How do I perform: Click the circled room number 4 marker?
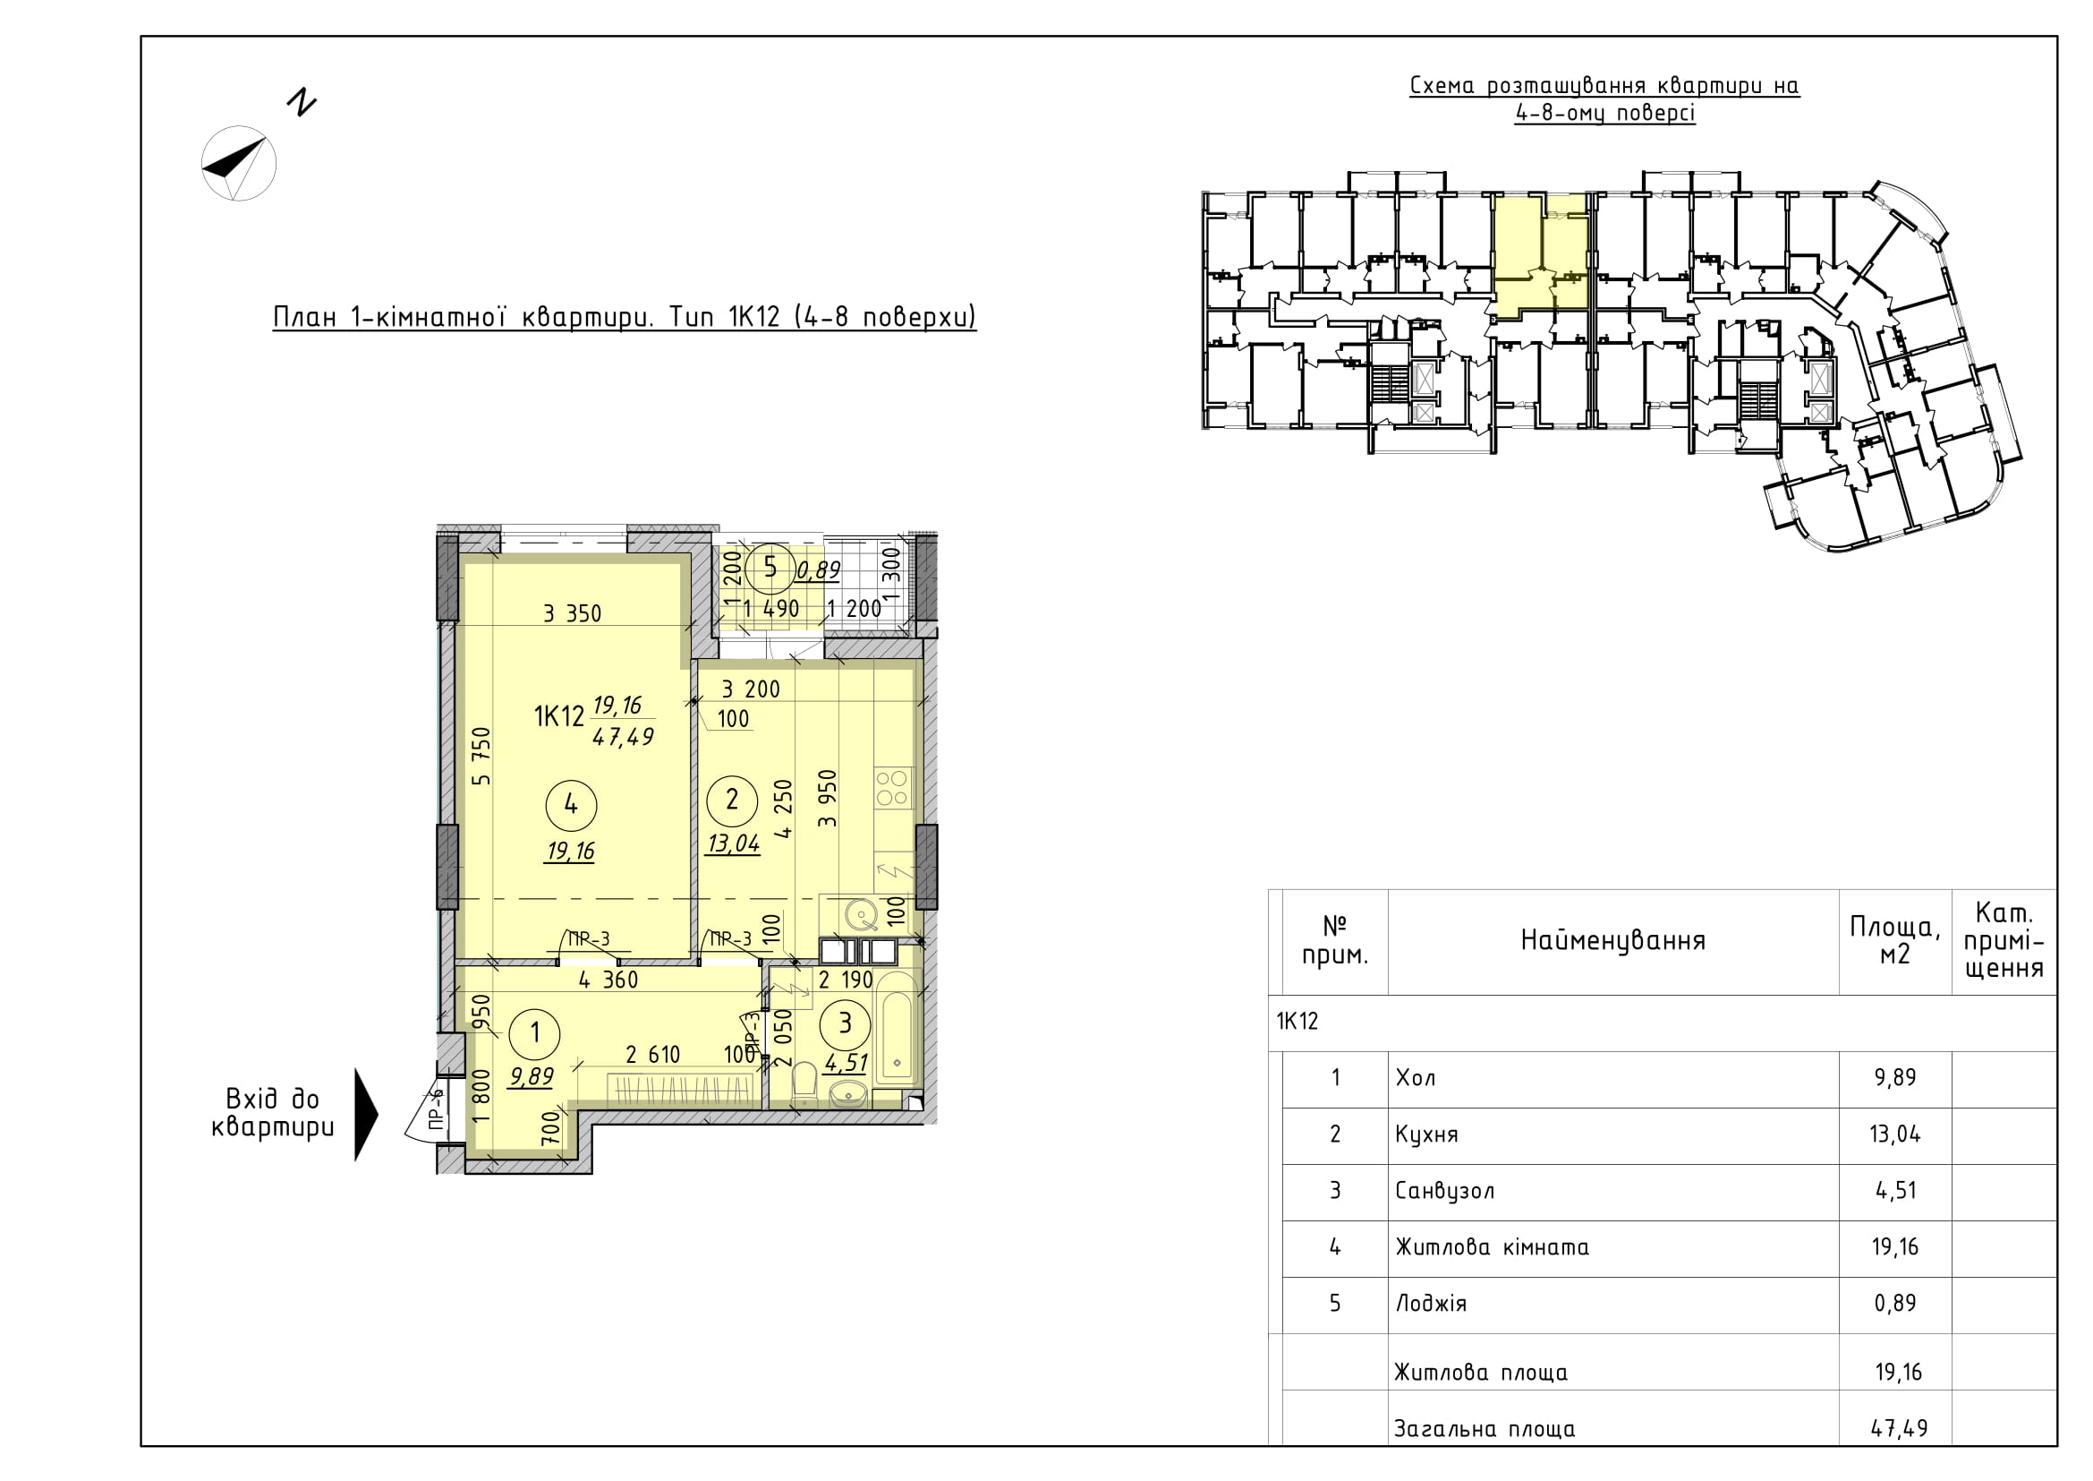point(571,804)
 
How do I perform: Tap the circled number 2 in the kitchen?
point(731,800)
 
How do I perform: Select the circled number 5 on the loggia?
point(770,569)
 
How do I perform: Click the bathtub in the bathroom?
point(897,1030)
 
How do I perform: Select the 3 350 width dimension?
point(573,613)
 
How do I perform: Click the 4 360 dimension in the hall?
point(608,980)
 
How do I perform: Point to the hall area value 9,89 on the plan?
point(532,1077)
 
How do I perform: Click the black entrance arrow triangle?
point(367,1115)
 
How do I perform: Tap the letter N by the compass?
point(301,103)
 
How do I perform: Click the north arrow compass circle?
point(239,163)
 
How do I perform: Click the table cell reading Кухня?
point(1426,1134)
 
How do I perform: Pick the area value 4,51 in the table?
point(1895,1191)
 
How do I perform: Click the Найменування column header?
point(1612,940)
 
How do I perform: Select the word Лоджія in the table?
point(1431,1303)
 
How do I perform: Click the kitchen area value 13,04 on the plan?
point(733,843)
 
